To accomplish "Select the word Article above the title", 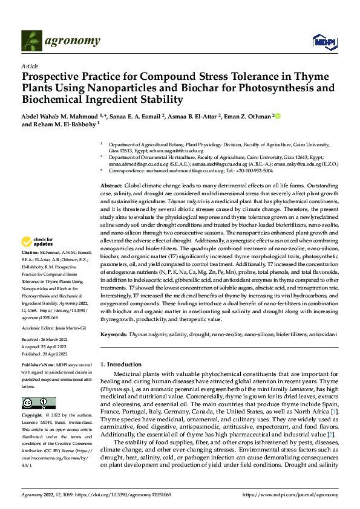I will [x=30, y=66].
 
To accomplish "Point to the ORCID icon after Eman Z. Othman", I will [x=278, y=115].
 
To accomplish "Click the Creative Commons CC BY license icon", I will [x=38, y=403].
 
